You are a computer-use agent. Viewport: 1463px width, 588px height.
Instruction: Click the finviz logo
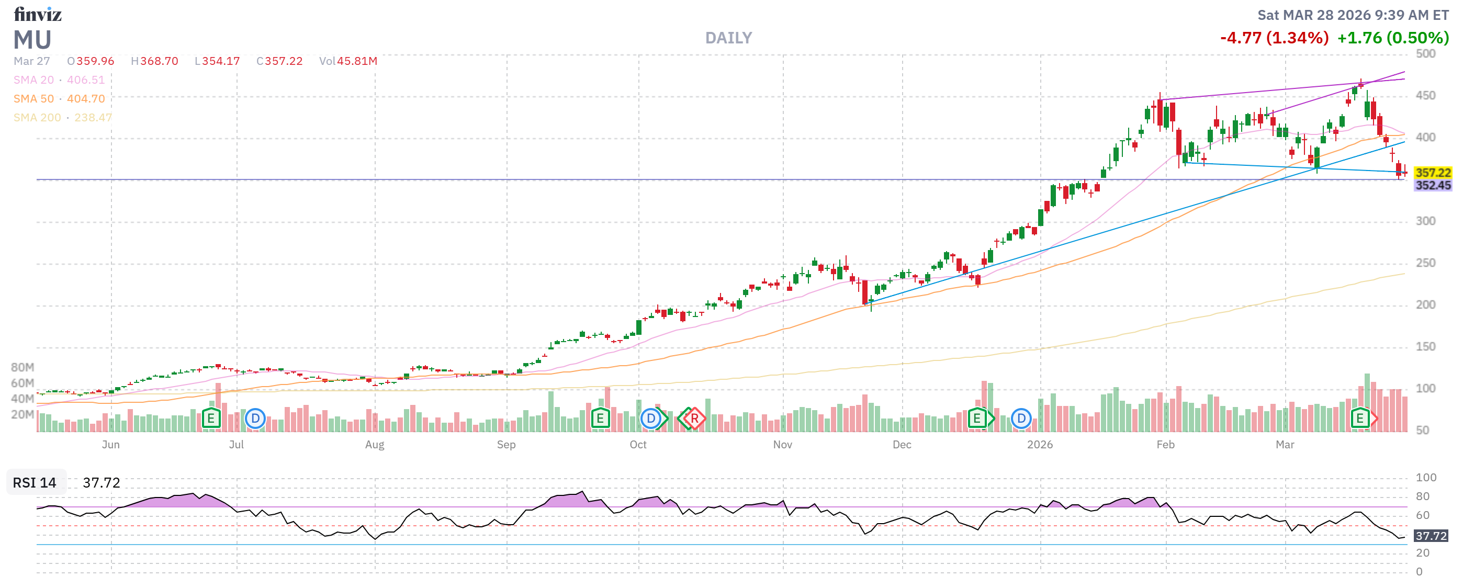(38, 14)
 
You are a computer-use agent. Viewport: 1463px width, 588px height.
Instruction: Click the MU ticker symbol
(32, 40)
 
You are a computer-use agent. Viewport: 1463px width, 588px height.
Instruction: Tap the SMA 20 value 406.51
(86, 80)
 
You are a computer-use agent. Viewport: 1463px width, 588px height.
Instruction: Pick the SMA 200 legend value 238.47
(93, 118)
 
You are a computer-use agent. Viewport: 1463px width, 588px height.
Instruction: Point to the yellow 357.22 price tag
(1432, 173)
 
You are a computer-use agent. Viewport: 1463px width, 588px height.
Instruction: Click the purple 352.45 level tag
(1432, 185)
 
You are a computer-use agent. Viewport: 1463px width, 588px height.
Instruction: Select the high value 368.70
(159, 61)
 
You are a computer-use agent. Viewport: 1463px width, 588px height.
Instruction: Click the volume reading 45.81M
(357, 61)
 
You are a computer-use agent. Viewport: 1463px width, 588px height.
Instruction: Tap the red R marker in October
(694, 419)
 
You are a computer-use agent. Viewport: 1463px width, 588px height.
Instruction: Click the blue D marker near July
(255, 419)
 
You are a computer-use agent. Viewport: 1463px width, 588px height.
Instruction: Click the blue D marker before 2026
(1020, 419)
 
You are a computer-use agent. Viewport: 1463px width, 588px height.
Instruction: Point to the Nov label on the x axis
(782, 445)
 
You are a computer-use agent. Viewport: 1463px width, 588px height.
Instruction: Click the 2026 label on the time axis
(1039, 445)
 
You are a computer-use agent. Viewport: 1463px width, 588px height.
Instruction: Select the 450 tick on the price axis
(1425, 95)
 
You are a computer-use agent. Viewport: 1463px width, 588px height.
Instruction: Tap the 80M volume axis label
(22, 367)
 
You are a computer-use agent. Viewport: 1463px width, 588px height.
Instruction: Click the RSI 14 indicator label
(35, 482)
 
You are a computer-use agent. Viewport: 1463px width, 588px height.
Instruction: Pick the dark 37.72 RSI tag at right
(1430, 536)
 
